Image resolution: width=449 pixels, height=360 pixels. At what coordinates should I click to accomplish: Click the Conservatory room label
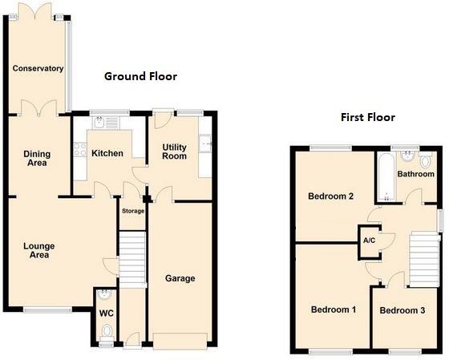coord(38,68)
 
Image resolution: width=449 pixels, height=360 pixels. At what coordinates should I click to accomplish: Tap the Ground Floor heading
coord(140,76)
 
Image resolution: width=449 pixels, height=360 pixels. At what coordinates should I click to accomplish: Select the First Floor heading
coord(368,117)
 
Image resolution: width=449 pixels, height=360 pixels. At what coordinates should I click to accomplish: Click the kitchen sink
coord(99,123)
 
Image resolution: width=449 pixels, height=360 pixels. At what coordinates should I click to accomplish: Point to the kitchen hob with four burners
coord(80,149)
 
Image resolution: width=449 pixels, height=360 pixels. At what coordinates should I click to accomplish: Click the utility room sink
coord(205,143)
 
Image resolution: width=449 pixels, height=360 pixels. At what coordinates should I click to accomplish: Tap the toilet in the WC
coord(107,333)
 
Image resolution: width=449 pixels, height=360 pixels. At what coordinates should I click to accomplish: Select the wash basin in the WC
coord(104,294)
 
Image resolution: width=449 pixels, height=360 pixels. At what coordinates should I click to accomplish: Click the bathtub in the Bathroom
coord(386,176)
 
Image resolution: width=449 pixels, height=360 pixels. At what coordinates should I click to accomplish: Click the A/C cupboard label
coord(369,241)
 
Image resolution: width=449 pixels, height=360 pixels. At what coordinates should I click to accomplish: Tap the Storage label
coord(133,211)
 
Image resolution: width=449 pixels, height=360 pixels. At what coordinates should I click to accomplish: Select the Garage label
coord(180,278)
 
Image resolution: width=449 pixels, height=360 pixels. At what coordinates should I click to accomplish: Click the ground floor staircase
coord(132,260)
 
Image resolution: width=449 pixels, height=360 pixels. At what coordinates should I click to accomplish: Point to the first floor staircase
coord(424,260)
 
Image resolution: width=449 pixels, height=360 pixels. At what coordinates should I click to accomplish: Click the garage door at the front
coord(180,341)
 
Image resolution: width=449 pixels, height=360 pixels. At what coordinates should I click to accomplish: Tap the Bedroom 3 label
coord(402,310)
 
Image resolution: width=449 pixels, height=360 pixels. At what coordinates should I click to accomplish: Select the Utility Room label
coord(175,152)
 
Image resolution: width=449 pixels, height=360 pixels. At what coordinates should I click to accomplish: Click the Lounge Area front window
coord(47,309)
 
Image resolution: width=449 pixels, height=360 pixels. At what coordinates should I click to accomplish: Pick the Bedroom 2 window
coord(330,148)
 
